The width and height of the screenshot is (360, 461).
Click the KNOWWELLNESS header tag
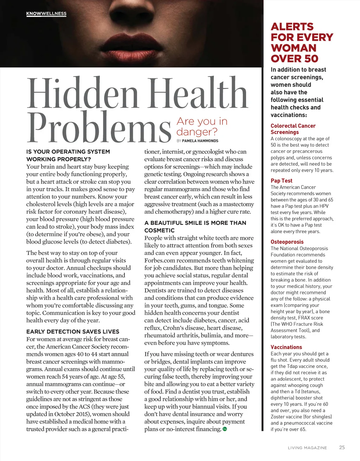click(46, 14)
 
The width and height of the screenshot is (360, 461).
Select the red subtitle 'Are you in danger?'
click(202, 126)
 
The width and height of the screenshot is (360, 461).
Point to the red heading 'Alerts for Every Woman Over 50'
click(302, 43)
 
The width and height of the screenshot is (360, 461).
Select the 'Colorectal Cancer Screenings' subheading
click(293, 129)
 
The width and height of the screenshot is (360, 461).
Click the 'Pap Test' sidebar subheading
click(281, 181)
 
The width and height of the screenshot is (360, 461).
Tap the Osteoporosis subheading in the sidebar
click(287, 242)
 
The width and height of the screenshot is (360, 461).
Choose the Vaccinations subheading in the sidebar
click(286, 347)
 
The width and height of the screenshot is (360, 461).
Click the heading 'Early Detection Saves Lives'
click(73, 332)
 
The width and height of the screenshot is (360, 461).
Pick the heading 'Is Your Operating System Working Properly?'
click(68, 155)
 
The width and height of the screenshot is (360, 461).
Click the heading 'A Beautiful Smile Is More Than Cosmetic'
click(195, 227)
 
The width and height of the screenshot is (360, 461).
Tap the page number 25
click(342, 447)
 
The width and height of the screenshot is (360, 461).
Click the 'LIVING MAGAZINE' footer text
click(307, 448)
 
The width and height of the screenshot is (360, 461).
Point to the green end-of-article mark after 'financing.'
click(225, 429)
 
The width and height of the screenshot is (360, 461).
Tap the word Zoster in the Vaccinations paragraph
click(279, 417)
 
